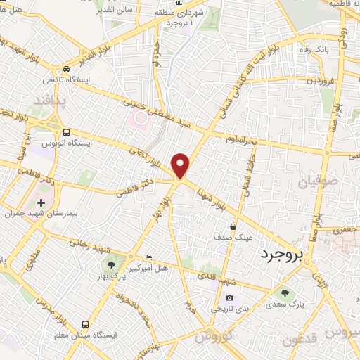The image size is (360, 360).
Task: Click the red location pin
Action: point(181,165)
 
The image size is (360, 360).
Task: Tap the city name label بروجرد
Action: point(281,254)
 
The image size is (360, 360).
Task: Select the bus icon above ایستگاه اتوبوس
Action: point(66,131)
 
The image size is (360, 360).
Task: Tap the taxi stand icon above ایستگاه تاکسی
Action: point(66,70)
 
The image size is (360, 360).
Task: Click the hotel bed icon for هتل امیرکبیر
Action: point(148,257)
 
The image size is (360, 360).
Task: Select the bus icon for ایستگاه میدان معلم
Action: point(86,324)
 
